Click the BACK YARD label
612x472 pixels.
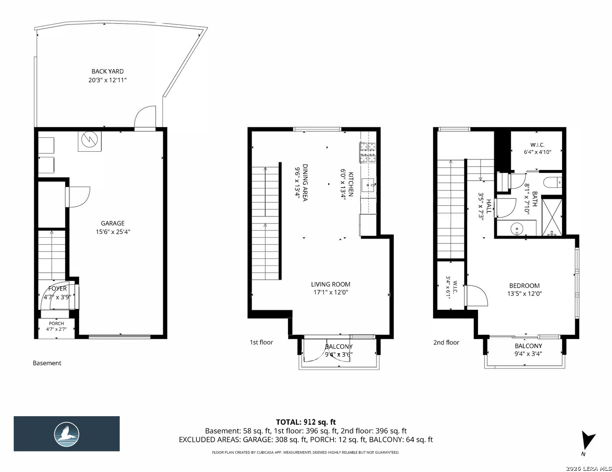[x=107, y=71]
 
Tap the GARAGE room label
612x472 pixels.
[x=113, y=223]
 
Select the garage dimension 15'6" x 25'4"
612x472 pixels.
[x=113, y=232]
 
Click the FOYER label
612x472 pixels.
[x=57, y=288]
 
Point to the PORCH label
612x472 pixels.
[x=56, y=323]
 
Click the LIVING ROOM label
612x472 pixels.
[x=331, y=284]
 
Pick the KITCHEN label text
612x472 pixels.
[x=351, y=184]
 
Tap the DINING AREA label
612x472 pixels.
[x=305, y=182]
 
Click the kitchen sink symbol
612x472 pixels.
[x=368, y=185]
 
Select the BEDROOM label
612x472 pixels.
[x=524, y=286]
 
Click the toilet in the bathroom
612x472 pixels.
[x=552, y=182]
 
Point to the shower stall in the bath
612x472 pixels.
[x=552, y=217]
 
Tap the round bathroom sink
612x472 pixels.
[x=517, y=228]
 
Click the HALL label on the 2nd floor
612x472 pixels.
[x=489, y=206]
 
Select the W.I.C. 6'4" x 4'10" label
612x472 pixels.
[x=538, y=149]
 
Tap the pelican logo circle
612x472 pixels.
[x=67, y=434]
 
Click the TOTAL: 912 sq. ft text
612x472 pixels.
[x=306, y=422]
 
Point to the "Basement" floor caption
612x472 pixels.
[x=47, y=363]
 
